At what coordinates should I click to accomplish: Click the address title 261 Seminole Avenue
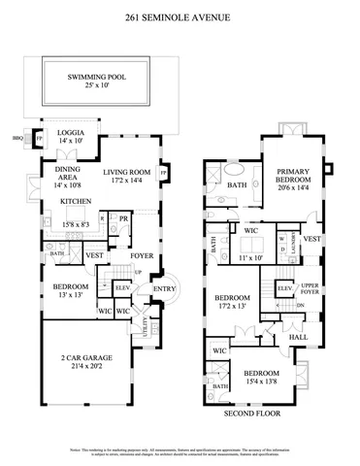pyautogui.click(x=180, y=17)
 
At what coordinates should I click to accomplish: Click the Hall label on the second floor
pyautogui.click(x=299, y=337)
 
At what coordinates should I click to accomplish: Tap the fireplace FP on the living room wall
pyautogui.click(x=163, y=173)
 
